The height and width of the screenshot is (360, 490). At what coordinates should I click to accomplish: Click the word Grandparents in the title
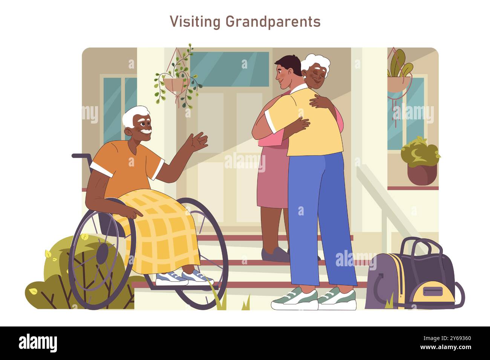[x=273, y=22]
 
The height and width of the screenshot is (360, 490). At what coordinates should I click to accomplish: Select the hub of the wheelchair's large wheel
[x=102, y=253]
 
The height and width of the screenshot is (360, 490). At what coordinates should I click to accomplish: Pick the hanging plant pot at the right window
[x=398, y=84]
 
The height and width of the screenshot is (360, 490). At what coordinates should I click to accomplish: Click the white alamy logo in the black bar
[x=38, y=343]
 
